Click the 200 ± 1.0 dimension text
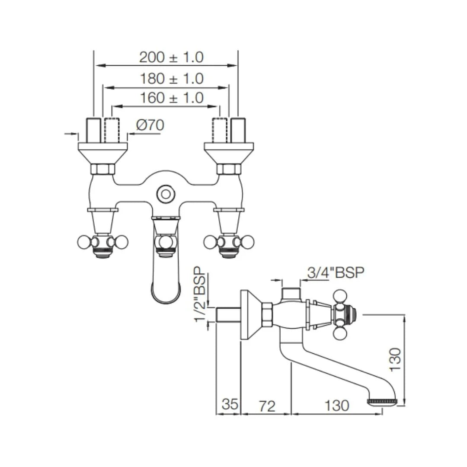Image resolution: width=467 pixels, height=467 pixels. click(x=171, y=57)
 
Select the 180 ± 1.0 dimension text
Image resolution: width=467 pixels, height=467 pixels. click(x=171, y=79)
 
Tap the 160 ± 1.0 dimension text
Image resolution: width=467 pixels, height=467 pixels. click(x=171, y=98)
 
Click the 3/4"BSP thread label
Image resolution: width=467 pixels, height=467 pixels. click(x=336, y=272)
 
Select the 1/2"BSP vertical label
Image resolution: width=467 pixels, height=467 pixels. click(x=199, y=294)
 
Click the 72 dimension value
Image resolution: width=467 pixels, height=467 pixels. click(x=267, y=405)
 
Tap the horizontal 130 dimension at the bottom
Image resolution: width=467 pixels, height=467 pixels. click(x=336, y=405)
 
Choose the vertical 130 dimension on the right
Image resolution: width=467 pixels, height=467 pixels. click(x=395, y=359)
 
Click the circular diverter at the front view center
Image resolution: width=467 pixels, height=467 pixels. click(x=165, y=194)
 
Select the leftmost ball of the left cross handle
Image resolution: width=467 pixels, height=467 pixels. click(x=83, y=242)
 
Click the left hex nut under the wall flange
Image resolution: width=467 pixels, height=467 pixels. click(x=103, y=169)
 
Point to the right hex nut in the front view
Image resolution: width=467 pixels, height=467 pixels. click(x=229, y=169)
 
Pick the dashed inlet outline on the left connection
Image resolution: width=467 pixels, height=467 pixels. click(x=112, y=130)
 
